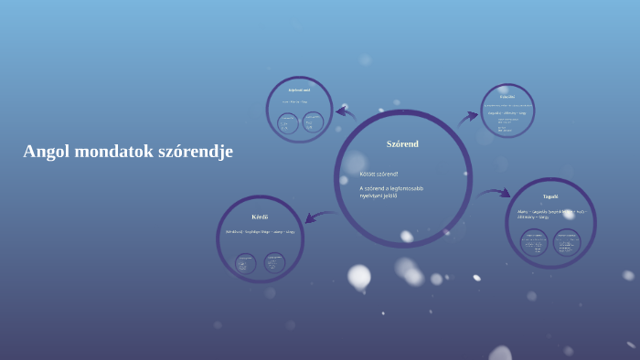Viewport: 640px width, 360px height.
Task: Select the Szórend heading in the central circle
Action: pos(402,143)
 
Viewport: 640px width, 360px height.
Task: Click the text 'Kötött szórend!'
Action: pos(379,174)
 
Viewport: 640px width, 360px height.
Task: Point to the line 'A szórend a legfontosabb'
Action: pos(391,188)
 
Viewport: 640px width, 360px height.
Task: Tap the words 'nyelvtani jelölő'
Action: pos(379,196)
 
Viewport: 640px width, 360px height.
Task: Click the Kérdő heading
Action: pos(260,217)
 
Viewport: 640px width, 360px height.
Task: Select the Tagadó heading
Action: pos(550,196)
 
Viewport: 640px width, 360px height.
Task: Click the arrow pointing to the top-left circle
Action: pos(346,113)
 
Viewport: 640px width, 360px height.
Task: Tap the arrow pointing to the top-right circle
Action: pos(467,118)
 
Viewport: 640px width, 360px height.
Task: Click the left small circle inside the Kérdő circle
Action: pos(246,263)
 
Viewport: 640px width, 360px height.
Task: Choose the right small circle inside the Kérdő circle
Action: pos(274,263)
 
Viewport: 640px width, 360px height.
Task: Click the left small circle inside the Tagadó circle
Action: pos(535,243)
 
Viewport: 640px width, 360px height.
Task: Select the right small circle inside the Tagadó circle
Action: pos(567,243)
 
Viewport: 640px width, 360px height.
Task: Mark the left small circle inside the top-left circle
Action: pos(287,122)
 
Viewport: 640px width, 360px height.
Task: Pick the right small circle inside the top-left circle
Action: pos(313,122)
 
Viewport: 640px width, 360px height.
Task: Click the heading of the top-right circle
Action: pos(507,96)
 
